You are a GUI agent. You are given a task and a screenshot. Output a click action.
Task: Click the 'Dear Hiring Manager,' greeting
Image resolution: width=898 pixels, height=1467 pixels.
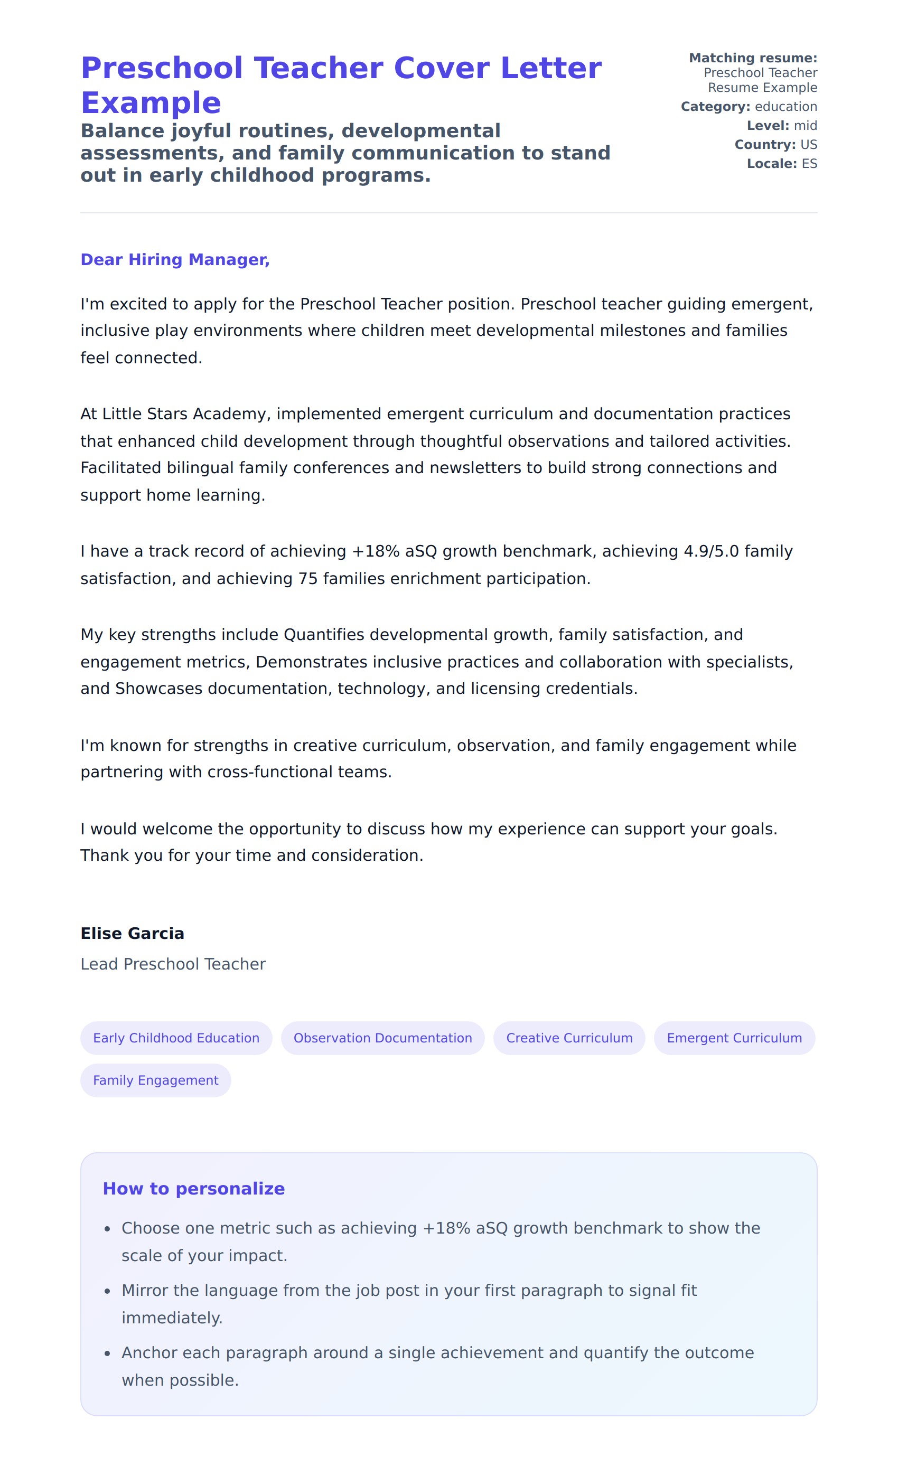[x=175, y=260]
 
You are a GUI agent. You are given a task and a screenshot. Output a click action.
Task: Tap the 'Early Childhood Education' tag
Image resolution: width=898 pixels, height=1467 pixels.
[x=176, y=1038]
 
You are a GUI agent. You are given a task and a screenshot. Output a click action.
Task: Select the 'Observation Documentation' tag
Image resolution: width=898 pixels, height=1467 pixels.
[x=382, y=1038]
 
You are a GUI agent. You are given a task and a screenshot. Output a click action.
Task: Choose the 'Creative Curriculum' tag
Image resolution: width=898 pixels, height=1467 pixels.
[x=569, y=1038]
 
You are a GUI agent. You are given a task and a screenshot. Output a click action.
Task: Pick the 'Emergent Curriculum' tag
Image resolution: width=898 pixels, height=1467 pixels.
[x=734, y=1038]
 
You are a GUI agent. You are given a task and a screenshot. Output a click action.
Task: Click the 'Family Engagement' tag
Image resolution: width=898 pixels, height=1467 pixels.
[x=155, y=1080]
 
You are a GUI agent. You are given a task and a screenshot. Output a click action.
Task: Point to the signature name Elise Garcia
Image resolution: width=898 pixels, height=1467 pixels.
[x=132, y=933]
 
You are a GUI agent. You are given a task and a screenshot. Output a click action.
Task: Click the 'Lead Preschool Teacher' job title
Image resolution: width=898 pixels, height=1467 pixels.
[x=173, y=964]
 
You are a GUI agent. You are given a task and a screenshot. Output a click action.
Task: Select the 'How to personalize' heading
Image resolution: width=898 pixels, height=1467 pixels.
[x=193, y=1188]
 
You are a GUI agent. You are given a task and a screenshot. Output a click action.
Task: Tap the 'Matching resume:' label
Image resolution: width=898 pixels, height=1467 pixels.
[x=753, y=58]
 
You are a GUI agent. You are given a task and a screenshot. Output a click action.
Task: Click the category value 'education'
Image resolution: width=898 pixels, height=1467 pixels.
[x=785, y=107]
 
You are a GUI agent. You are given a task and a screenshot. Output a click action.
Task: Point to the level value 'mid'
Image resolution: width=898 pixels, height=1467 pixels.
[x=805, y=126]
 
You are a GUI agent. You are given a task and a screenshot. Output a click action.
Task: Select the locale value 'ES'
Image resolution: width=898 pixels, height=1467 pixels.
[x=809, y=164]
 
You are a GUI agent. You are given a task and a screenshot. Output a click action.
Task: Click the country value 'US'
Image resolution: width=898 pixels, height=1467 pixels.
[x=809, y=145]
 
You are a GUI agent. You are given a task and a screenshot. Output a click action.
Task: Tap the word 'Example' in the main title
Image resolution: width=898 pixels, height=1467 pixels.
[x=151, y=103]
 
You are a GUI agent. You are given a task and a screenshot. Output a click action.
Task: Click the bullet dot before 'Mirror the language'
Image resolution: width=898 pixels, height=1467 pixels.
[x=107, y=1291]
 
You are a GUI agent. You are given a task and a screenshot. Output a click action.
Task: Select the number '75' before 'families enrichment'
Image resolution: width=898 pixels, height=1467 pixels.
[x=308, y=579]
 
